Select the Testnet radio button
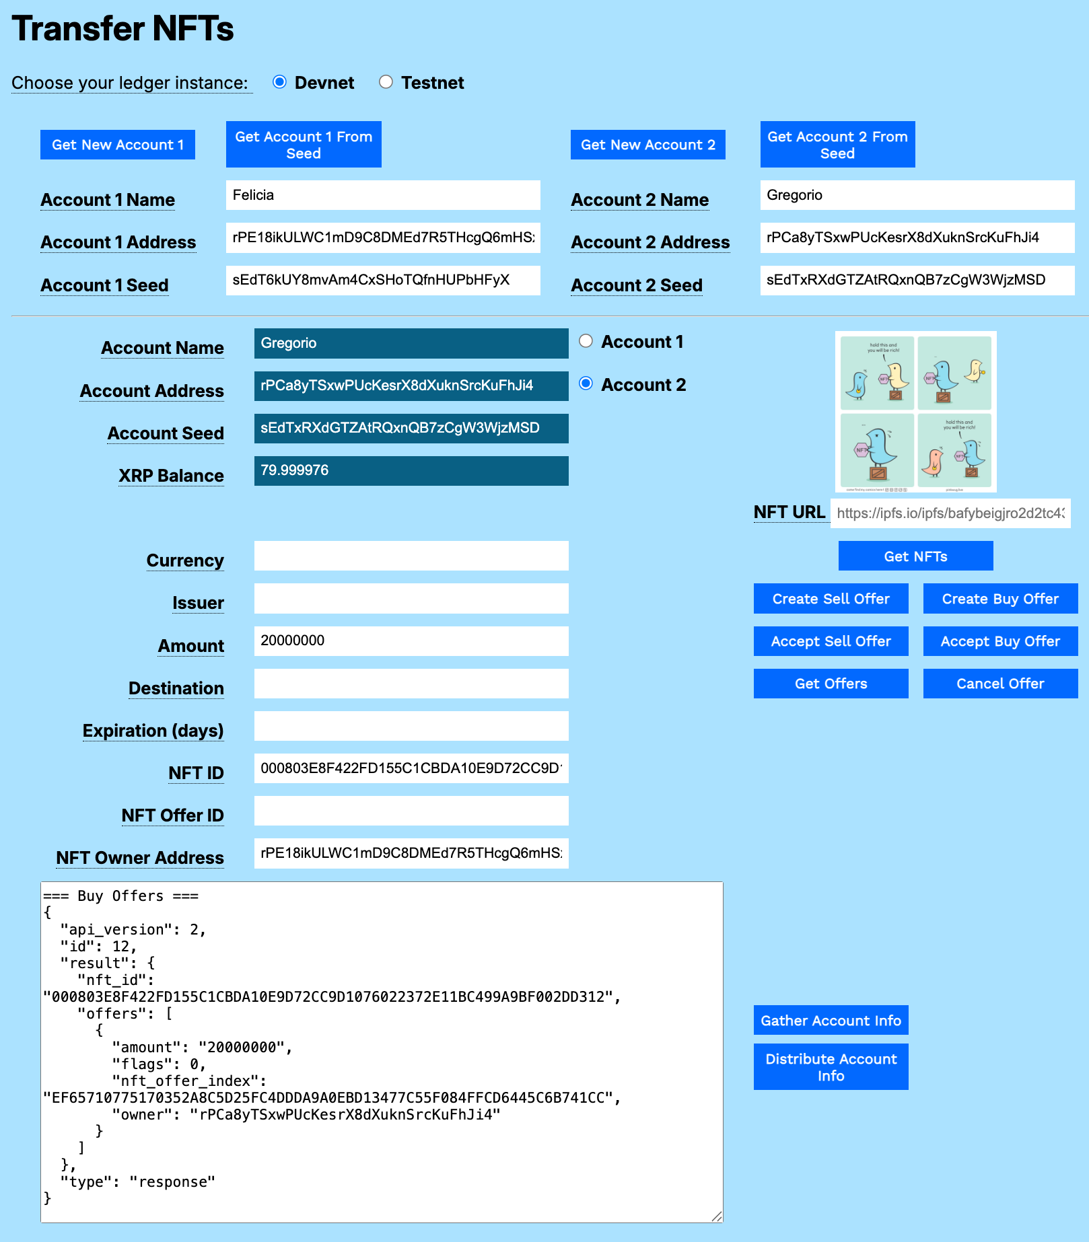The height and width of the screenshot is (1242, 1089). [386, 82]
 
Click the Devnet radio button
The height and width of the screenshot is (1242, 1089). [279, 82]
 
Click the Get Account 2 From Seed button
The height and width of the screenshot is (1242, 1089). [837, 145]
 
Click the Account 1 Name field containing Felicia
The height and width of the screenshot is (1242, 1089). [382, 195]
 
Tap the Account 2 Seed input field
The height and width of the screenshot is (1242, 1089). [917, 280]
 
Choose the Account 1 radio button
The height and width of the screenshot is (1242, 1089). [586, 341]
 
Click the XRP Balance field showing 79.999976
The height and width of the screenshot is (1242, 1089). [411, 470]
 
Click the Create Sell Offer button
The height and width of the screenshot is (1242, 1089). [831, 599]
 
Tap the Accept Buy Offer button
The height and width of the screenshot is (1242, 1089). [1000, 641]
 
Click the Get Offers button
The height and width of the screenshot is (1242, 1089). [831, 684]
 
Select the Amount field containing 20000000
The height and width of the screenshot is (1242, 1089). [411, 641]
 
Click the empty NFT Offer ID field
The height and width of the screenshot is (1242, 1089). [411, 811]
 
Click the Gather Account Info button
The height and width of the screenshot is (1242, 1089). [831, 1020]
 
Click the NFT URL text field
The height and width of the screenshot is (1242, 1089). [950, 513]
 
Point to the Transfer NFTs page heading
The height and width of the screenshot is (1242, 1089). [123, 29]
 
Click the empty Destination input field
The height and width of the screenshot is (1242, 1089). [411, 684]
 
